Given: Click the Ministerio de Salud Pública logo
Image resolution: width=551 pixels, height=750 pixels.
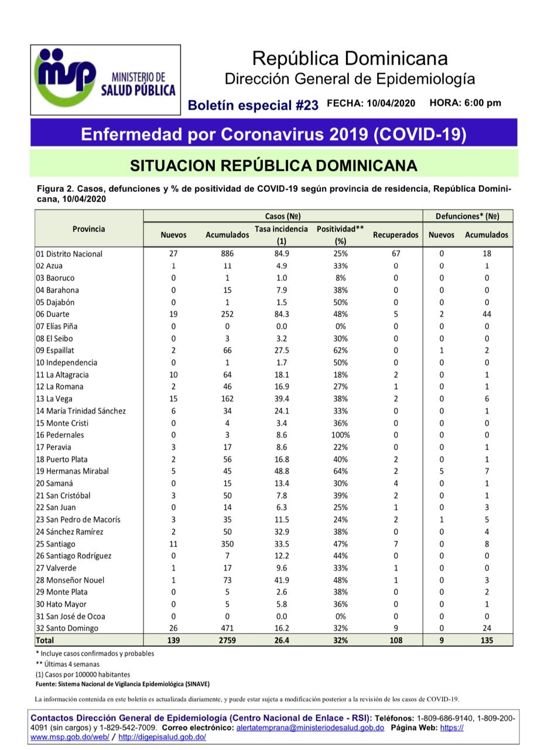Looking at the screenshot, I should pos(105,80).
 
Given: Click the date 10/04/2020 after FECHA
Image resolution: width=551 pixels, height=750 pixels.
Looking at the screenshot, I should pos(391,103).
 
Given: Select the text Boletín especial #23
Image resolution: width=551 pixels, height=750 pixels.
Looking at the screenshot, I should pos(253,105).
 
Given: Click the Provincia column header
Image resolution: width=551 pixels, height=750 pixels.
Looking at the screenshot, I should pos(89,229).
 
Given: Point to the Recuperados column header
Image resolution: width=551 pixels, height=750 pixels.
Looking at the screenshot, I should pos(395,235).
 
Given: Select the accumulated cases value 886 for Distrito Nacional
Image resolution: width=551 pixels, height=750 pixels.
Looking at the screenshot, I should pos(227,254).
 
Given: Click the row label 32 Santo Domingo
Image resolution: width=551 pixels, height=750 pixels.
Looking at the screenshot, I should pos(67,628).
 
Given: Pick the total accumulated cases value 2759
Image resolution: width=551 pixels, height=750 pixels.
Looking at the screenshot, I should pos(227,640).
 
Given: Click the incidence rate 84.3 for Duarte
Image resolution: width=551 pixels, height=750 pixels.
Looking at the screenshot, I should pos(282,314).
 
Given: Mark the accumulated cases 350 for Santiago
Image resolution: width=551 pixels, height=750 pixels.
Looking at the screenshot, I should pos(227,544).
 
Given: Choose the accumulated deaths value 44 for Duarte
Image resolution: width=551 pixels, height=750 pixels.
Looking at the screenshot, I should pos(487,314).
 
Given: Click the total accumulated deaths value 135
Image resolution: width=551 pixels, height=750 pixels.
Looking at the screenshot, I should pos(487,640).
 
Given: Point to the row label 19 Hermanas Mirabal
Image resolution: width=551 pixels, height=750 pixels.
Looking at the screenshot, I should pos(72,471).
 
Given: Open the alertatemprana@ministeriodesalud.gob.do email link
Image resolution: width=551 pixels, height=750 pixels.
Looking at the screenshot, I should pos(310,727).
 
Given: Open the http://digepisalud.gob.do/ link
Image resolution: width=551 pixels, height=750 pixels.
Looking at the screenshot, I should pos(162,737).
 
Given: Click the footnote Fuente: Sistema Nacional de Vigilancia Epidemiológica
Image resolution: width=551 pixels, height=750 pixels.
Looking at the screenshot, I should pos(122,684).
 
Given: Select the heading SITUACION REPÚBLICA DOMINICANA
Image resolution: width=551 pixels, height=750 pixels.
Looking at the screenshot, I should pos(273,166).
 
